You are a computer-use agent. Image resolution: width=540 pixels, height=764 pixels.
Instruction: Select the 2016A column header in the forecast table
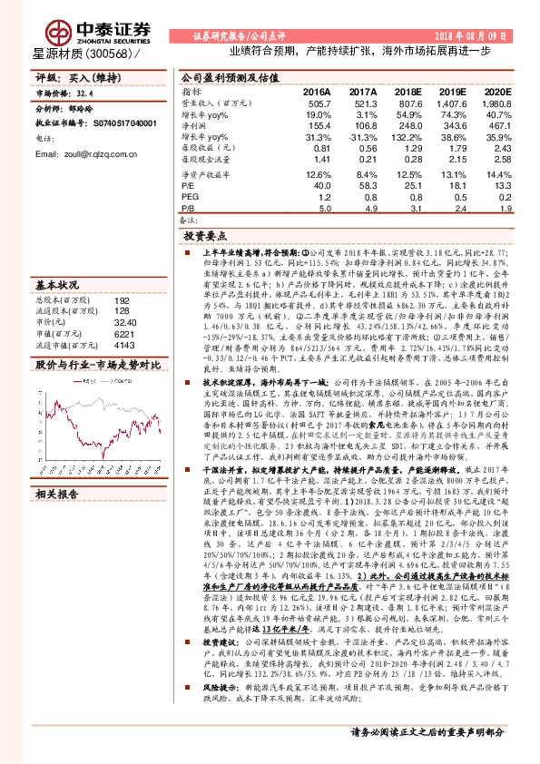click(317, 93)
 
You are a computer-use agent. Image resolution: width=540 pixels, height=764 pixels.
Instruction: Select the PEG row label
click(190, 195)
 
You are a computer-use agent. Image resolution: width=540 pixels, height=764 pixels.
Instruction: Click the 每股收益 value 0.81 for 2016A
click(319, 147)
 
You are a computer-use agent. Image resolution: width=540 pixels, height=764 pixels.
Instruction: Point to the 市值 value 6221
click(123, 334)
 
